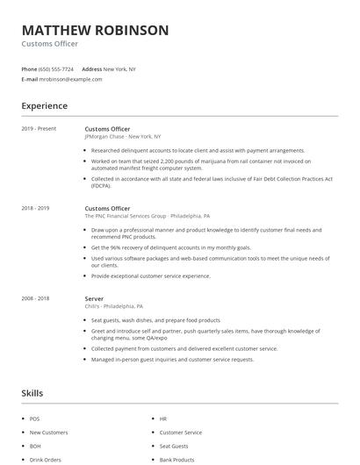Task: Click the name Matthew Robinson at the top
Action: point(95,30)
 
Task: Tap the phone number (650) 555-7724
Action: point(57,68)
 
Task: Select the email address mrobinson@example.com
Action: point(70,79)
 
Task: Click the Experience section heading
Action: point(44,106)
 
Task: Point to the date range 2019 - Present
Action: point(39,129)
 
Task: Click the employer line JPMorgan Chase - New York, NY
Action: point(122,137)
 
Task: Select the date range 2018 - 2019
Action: point(35,209)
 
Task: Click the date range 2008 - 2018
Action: point(35,298)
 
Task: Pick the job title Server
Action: point(94,298)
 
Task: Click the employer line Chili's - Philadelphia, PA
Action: point(114,306)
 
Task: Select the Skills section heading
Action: point(32,393)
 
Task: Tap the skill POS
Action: point(34,419)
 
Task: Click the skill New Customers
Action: point(48,433)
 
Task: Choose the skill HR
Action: point(163,419)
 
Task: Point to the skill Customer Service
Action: point(180,433)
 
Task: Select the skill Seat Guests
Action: point(174,446)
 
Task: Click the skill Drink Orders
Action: point(45,459)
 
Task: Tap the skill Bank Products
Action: point(176,459)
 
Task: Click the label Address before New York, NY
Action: point(91,68)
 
